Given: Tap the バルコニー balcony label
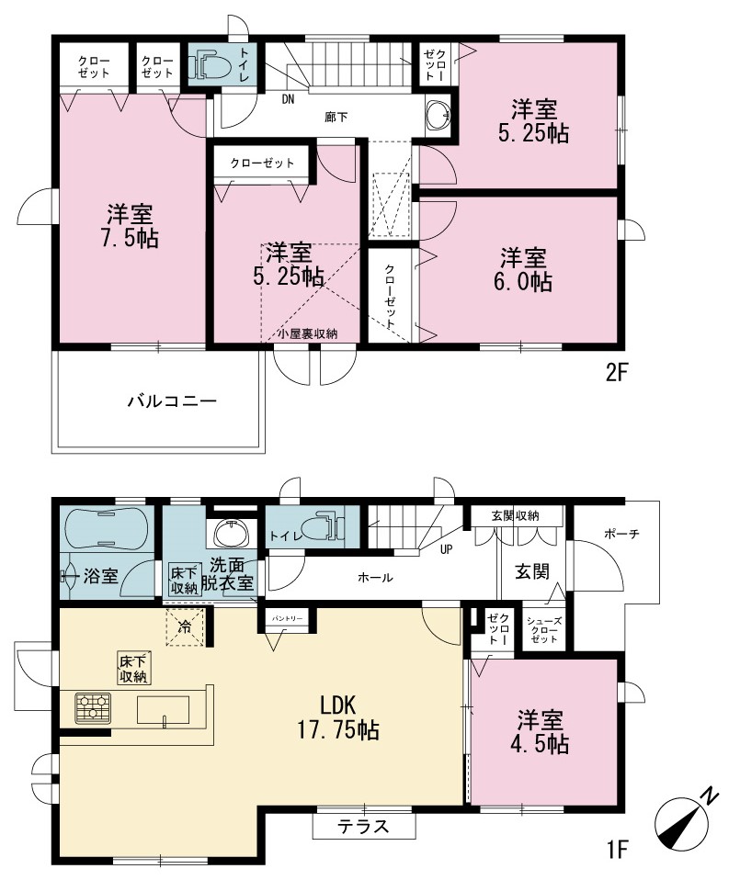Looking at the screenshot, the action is coord(172,401).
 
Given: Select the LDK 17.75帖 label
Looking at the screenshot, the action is coord(338,717).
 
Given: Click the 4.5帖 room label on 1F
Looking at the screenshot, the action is coord(540,732).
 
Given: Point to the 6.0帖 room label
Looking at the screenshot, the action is coord(523,269).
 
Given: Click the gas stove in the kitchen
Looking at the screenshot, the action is coord(93,707).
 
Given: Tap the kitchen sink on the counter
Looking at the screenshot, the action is coord(163,710).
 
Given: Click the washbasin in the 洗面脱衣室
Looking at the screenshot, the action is coord(232,532).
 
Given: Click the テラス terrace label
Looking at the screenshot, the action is coord(363,827).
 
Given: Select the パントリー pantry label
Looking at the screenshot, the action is coord(288,618).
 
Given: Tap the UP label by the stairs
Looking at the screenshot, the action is coord(447,549).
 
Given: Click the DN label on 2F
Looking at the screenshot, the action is coord(288,100).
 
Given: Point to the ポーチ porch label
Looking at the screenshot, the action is coord(621,534).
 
